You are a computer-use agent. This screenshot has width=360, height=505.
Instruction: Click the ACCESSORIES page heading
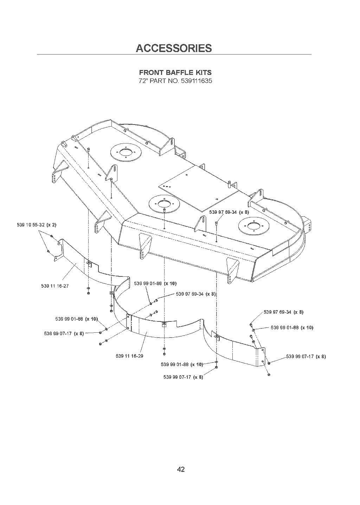point(174,48)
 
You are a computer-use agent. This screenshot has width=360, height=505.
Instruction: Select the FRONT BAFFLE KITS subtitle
point(175,72)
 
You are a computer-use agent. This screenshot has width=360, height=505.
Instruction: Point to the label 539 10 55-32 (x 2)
point(37,225)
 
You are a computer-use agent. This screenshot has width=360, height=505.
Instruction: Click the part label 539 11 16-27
point(55,286)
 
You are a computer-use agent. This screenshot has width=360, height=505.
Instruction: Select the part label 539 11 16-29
point(129,356)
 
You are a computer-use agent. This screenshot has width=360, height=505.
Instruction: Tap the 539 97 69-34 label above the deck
point(229,212)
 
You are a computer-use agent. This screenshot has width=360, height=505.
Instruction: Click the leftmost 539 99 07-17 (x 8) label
point(64,334)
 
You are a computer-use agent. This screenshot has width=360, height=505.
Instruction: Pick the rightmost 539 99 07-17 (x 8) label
point(306,357)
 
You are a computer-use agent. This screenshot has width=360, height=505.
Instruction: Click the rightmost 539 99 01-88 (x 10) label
point(292,327)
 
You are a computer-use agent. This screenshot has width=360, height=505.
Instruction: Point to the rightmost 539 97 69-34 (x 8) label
point(283,312)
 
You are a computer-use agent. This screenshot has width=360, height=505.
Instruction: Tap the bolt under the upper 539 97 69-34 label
point(217,223)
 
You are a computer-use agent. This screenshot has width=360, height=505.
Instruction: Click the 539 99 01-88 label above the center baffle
point(155,283)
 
